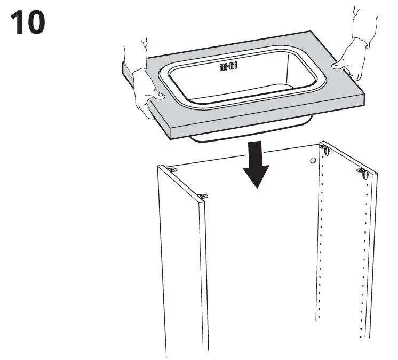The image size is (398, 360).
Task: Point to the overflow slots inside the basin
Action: (228, 68)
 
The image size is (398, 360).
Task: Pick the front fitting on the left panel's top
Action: (202, 197)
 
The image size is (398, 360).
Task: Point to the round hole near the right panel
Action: (313, 160)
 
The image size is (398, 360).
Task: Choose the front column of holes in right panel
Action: (365, 256)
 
